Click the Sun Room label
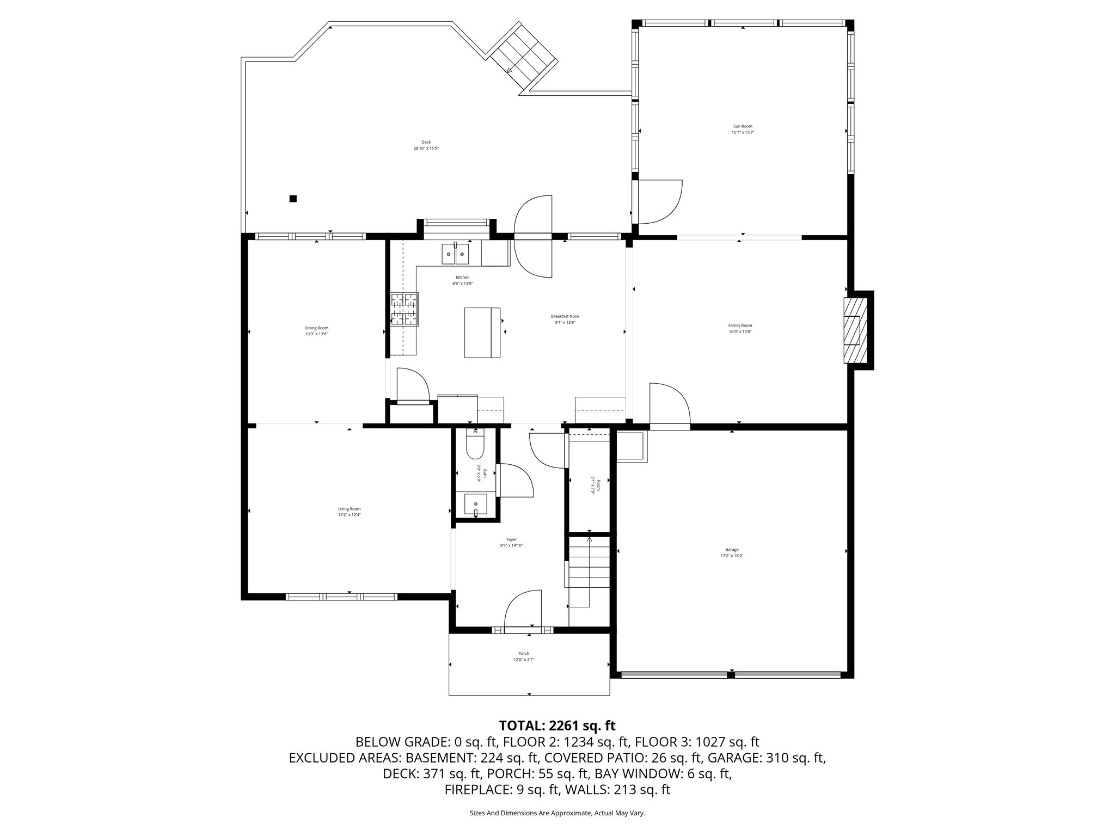[x=743, y=126]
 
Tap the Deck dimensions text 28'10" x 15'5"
[x=426, y=148]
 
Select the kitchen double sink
[x=455, y=254]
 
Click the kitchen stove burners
[x=404, y=309]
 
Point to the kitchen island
[x=482, y=333]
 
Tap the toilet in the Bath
[x=475, y=446]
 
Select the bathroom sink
[x=476, y=504]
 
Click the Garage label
[x=732, y=550]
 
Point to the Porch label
[x=524, y=654]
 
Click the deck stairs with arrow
[x=523, y=56]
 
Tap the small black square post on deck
[x=293, y=199]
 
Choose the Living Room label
[x=349, y=509]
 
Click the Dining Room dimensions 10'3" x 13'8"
[x=316, y=334]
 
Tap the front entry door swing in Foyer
[x=523, y=611]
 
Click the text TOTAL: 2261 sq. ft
[x=557, y=726]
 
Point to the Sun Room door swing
[x=660, y=201]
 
